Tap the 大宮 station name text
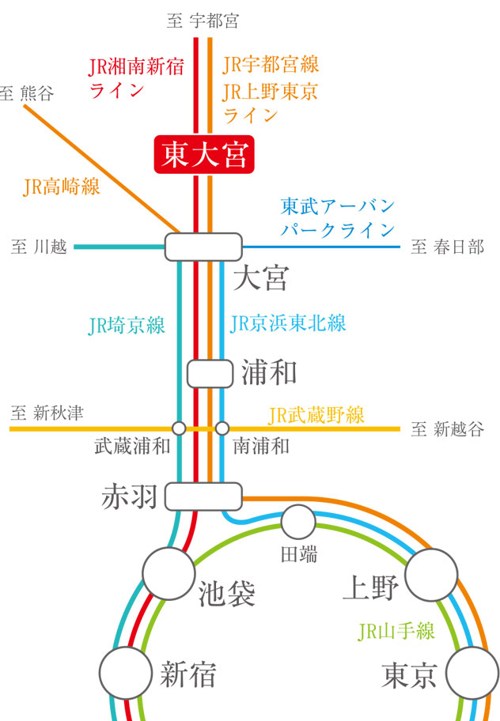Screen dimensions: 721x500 point(262,278)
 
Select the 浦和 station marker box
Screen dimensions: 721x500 point(210,373)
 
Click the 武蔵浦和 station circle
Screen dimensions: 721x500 point(179,428)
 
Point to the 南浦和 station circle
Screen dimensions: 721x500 point(222,428)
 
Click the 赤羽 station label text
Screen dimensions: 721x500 point(130,496)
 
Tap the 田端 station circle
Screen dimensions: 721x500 point(298,521)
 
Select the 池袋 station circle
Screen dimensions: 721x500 point(168,572)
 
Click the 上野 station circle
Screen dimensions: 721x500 point(432,574)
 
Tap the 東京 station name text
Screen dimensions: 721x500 point(409,675)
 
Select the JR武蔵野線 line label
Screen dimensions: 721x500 point(316,414)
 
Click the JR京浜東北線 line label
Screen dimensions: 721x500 point(288,323)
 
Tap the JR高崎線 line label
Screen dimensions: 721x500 point(62,187)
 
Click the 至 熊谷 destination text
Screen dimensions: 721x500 point(28,93)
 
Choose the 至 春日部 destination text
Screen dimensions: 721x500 point(447,248)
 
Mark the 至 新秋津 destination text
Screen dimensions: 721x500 point(47,413)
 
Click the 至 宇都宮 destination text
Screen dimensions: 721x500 point(203,21)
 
